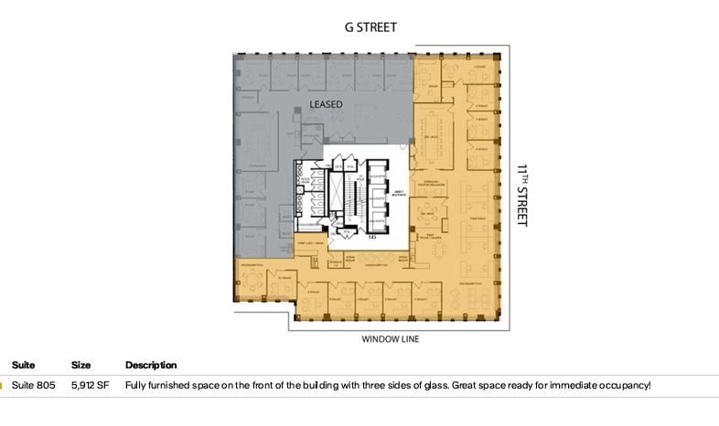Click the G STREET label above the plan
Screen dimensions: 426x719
[370, 27]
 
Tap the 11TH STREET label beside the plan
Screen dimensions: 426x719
[522, 195]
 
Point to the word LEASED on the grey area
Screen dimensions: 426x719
[326, 104]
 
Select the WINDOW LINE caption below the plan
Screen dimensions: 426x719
[391, 339]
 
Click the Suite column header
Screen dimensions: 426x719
[23, 366]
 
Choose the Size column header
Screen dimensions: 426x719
[81, 366]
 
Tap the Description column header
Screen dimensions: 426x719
[151, 366]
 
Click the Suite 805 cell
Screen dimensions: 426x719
[33, 386]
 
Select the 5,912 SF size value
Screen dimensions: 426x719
[90, 386]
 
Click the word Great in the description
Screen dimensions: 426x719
[464, 386]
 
